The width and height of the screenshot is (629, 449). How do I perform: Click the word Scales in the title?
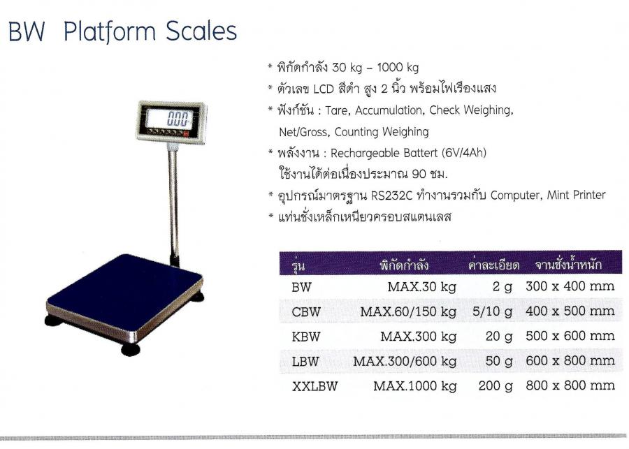(x=201, y=31)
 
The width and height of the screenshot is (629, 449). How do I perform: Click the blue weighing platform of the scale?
(x=124, y=290)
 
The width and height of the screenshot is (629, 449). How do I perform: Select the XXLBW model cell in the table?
(x=315, y=386)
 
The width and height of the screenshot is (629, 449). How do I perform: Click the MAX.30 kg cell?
(x=421, y=287)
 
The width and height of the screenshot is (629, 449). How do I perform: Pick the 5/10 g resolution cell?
(x=492, y=312)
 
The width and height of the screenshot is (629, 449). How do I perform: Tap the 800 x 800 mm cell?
(x=570, y=385)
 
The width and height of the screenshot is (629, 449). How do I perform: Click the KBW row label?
(x=306, y=337)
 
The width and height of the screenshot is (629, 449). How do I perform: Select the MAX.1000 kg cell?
(x=414, y=386)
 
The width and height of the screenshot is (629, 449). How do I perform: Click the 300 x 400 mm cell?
(x=570, y=286)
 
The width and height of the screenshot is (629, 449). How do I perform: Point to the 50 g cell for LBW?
(x=498, y=362)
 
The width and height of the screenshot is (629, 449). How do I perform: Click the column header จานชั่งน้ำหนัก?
(x=568, y=265)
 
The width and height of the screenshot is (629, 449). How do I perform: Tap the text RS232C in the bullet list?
(x=391, y=196)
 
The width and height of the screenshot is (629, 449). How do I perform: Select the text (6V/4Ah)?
(x=464, y=153)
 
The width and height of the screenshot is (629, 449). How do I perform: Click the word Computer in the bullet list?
(x=515, y=196)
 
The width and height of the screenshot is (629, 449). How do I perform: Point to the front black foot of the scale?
(x=131, y=349)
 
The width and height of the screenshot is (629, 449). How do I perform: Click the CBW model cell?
(x=306, y=312)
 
